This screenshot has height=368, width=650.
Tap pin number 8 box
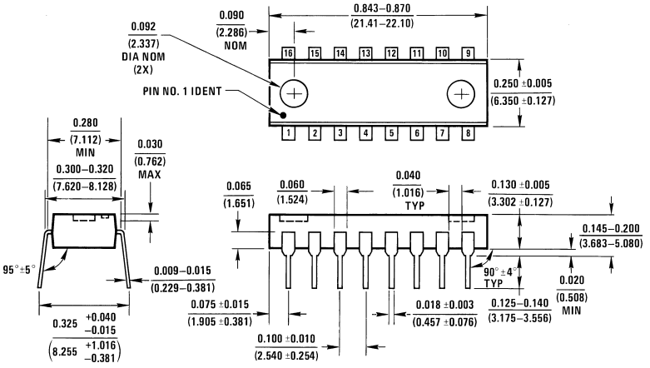[469, 132]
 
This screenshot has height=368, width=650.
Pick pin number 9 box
[469, 52]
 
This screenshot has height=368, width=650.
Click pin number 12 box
[390, 52]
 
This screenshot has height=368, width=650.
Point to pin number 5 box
[390, 132]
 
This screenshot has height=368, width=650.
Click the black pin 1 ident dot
[283, 116]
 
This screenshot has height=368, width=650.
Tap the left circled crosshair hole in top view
[293, 92]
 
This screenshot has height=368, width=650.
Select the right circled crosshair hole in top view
[459, 93]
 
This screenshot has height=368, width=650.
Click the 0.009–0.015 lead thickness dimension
[185, 270]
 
